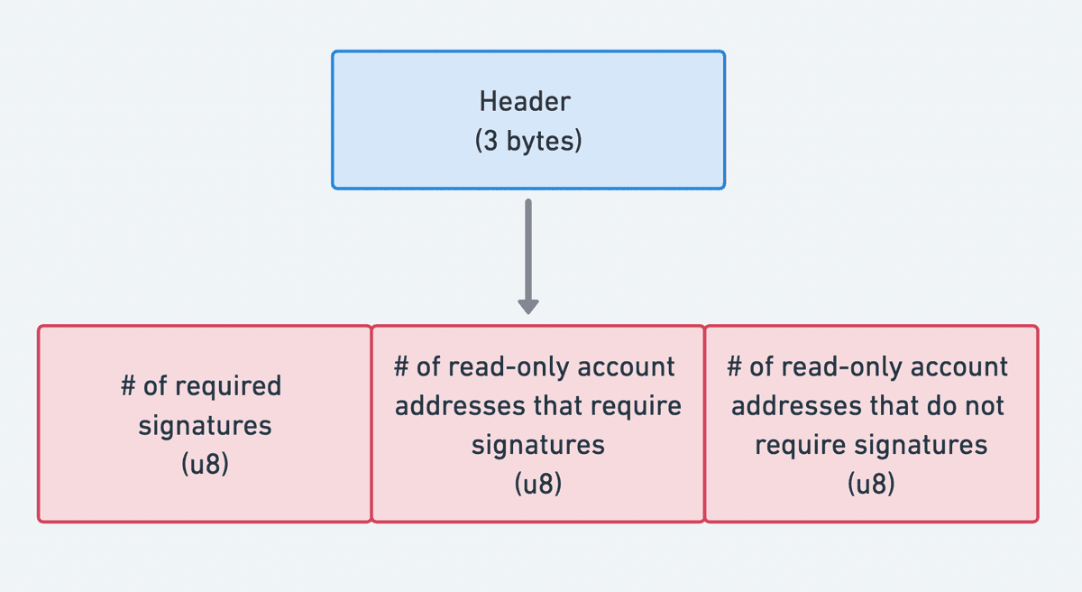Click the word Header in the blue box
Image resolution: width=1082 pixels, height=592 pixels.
click(525, 101)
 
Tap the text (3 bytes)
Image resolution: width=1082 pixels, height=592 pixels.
click(527, 142)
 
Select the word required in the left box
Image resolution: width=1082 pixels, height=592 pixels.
click(228, 386)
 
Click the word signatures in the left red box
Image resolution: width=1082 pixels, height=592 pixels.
click(205, 426)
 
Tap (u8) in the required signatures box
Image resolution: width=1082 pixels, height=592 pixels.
click(205, 466)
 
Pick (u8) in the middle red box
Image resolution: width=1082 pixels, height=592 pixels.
click(537, 485)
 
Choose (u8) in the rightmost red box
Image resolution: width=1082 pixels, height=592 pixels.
click(871, 485)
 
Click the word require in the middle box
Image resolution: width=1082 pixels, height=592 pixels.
click(637, 406)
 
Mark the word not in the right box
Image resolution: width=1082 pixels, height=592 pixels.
click(984, 406)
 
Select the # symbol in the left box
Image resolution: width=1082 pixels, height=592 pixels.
click(129, 386)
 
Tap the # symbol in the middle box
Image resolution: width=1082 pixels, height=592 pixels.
click(402, 366)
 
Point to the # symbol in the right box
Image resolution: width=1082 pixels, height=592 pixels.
click(735, 366)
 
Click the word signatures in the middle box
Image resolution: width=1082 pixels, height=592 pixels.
click(537, 446)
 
